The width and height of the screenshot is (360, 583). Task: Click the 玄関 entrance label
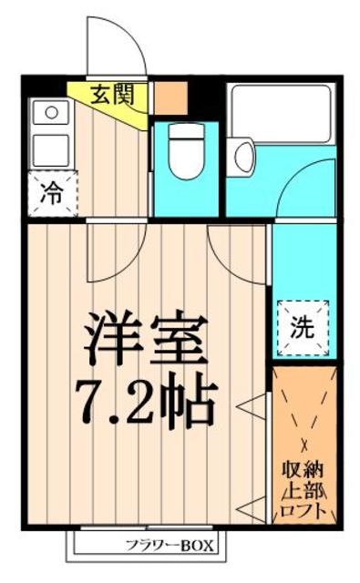click(x=111, y=95)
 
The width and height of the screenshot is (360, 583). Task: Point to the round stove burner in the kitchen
click(x=51, y=113)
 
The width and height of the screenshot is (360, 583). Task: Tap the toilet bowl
click(x=188, y=148)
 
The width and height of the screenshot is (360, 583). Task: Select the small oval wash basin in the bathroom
click(x=244, y=157)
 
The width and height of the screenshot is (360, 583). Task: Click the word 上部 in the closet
click(x=303, y=492)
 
